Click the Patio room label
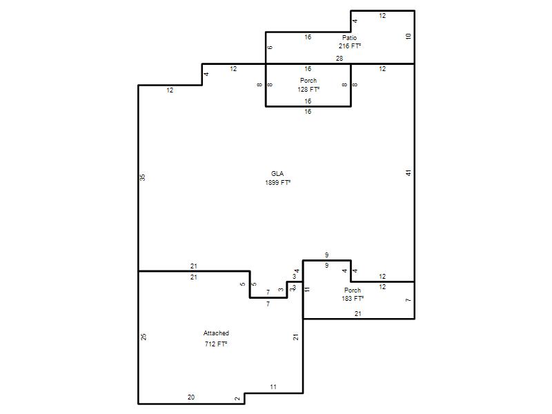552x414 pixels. pos(349,38)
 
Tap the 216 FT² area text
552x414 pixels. pos(350,46)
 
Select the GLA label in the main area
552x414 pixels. pos(277,174)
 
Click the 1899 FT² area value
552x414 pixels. pos(278,182)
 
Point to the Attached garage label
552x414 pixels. pos(216,333)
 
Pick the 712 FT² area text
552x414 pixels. pos(216,344)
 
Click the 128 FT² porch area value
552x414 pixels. pos(308,90)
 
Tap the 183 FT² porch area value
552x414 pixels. pos(353,299)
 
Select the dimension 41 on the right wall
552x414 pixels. pos(408,173)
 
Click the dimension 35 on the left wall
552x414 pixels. pos(143,177)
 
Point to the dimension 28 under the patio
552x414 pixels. pos(339,59)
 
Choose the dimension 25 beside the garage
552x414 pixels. pos(144,337)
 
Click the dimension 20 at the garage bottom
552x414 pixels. pos(191,397)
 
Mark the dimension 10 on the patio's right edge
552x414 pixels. pos(408,37)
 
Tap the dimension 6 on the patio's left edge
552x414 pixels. pos(270,48)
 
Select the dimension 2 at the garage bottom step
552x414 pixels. pos(237,399)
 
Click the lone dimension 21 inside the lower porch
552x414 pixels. pos(358,314)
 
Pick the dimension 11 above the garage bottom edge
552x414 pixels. pos(273,387)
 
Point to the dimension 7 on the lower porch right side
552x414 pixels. pos(408,300)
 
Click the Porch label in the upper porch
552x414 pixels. pos(308,81)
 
